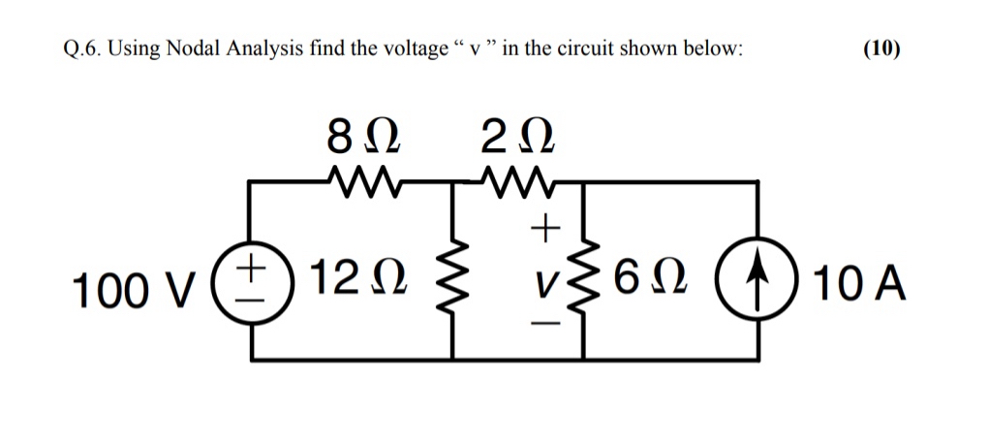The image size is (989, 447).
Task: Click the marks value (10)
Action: tap(881, 50)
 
